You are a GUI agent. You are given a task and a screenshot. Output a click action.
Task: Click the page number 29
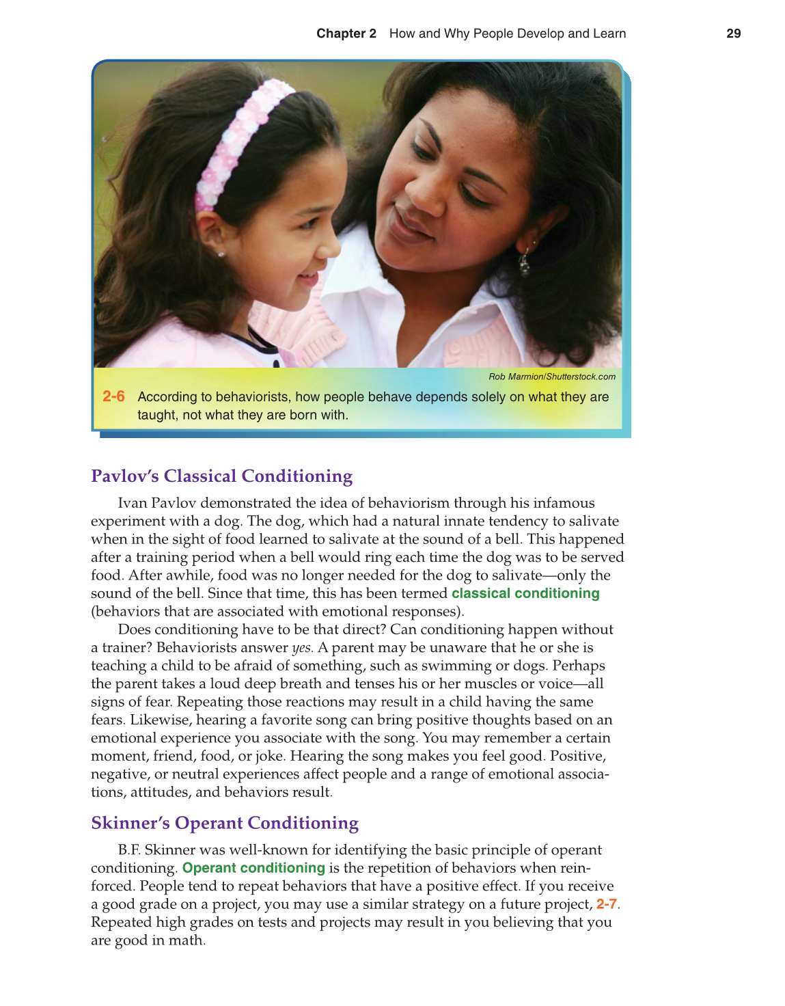tap(733, 33)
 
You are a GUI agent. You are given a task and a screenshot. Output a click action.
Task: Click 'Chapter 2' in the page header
tap(346, 33)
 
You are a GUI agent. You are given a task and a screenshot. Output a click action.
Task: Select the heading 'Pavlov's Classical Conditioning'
tap(221, 476)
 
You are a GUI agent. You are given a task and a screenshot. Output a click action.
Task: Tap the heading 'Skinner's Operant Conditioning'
tap(225, 823)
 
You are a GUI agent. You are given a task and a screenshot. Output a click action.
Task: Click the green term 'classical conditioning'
tap(525, 593)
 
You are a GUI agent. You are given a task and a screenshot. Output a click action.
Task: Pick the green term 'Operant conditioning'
tap(253, 868)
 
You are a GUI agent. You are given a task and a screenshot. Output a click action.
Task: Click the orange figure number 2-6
tap(113, 396)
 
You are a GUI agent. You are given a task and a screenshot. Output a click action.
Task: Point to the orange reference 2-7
tap(606, 904)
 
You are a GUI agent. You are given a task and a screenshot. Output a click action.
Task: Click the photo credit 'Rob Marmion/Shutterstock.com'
tap(551, 377)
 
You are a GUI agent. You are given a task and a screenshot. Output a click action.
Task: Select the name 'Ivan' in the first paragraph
tap(133, 503)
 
